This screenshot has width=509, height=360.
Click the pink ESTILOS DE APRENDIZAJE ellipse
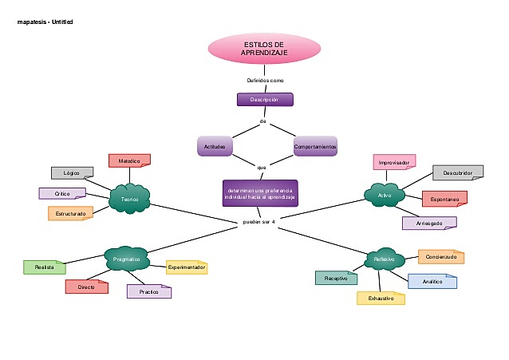(x=263, y=48)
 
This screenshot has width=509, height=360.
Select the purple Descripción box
(x=265, y=100)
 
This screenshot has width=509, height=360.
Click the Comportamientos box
(x=315, y=147)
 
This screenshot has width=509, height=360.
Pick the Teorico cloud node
(x=129, y=199)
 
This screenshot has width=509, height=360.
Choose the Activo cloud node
(x=385, y=194)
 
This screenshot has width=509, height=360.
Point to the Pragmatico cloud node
(x=127, y=259)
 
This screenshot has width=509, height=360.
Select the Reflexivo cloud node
(x=385, y=260)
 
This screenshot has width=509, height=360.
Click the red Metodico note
(x=129, y=161)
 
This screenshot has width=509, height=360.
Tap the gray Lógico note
(x=72, y=172)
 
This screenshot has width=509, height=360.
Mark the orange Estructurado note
(x=70, y=213)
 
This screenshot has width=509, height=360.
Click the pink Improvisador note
(x=394, y=162)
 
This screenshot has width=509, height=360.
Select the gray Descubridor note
(x=458, y=172)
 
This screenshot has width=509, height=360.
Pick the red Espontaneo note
(x=444, y=199)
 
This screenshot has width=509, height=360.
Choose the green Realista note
(x=45, y=267)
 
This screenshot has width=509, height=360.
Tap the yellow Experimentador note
(x=186, y=267)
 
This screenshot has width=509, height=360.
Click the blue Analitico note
(x=432, y=281)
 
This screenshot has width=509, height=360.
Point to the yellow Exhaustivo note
(x=381, y=298)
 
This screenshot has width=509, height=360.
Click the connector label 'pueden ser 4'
(x=258, y=221)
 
